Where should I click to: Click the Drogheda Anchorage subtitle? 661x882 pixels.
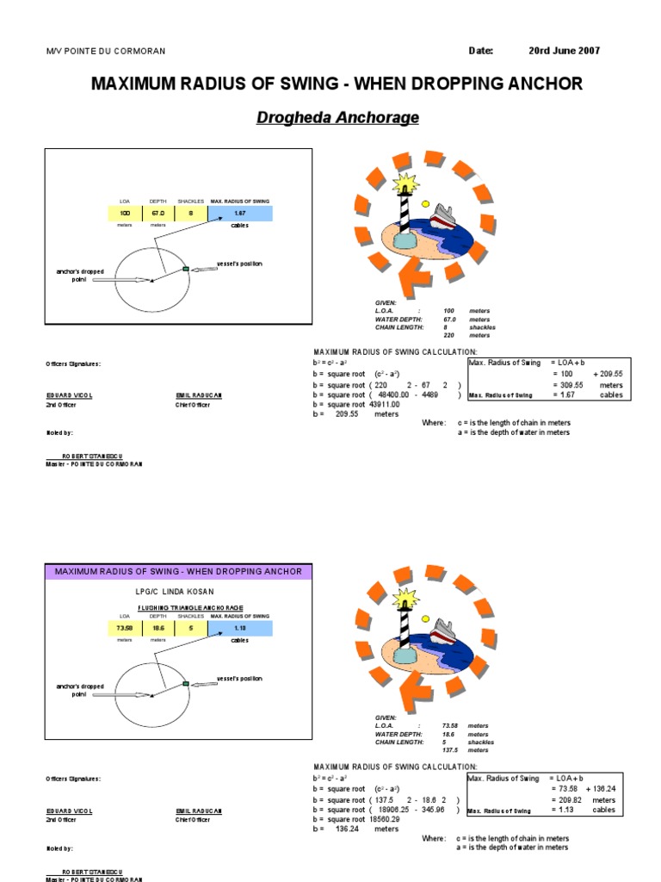click(337, 117)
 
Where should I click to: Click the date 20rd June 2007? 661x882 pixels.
click(564, 51)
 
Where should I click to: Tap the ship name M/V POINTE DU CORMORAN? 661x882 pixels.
click(105, 52)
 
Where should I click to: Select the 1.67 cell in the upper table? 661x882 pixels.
click(240, 213)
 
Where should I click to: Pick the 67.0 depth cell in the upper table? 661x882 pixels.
click(158, 213)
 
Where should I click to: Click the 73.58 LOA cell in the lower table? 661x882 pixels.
click(124, 629)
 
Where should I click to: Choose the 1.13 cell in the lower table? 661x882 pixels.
click(240, 629)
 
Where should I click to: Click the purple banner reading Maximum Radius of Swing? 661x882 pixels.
click(178, 571)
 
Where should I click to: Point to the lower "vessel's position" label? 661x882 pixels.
click(239, 679)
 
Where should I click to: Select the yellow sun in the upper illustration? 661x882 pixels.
click(424, 204)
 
